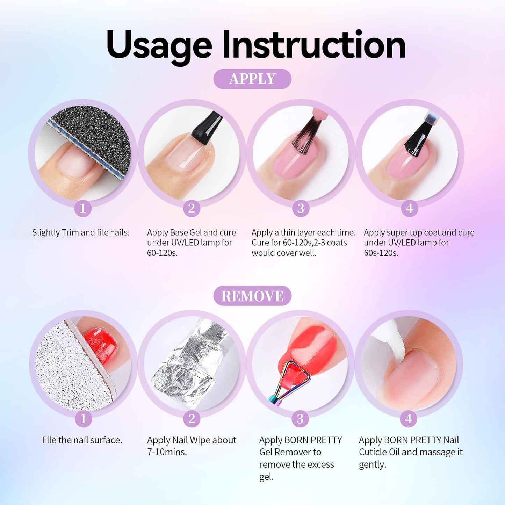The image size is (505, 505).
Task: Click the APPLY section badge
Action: click(x=252, y=79)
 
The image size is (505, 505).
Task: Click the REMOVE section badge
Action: click(x=252, y=296)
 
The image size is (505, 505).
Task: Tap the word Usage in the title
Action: click(x=159, y=45)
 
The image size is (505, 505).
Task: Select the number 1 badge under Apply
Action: click(x=82, y=209)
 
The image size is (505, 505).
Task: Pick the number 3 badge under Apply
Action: click(x=301, y=209)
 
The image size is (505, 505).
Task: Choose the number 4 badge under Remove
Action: click(x=409, y=419)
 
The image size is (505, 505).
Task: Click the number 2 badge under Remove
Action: click(x=192, y=419)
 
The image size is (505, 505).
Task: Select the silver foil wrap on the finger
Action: click(x=189, y=363)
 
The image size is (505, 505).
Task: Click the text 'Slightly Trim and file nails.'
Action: click(x=81, y=232)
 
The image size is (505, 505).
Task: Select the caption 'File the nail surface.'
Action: click(x=82, y=440)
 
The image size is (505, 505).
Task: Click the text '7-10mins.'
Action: click(x=167, y=452)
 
